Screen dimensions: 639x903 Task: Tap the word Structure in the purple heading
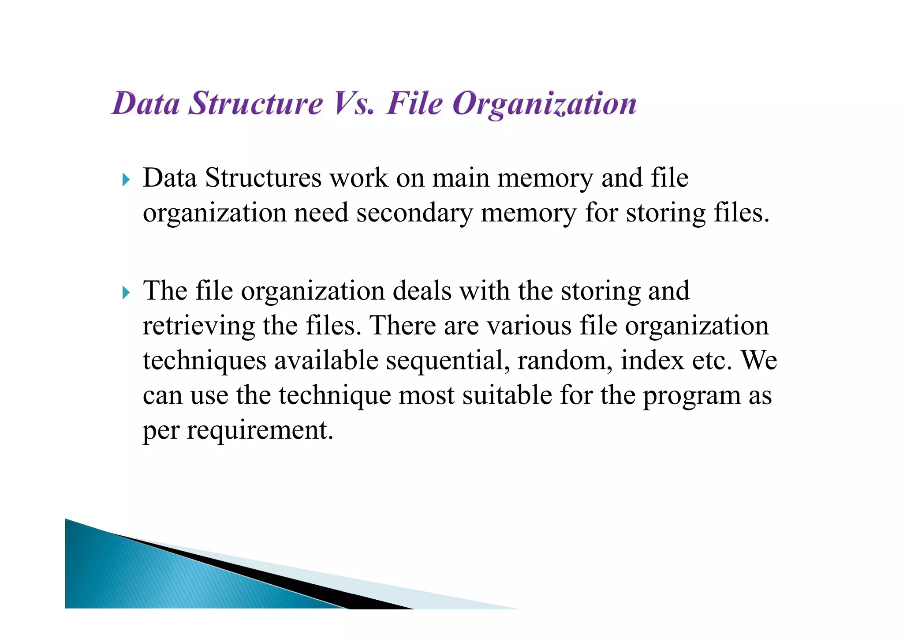point(256,104)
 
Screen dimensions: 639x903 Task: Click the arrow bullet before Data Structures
point(126,180)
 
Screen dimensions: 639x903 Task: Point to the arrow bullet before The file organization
point(126,292)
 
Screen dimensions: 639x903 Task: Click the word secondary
point(414,213)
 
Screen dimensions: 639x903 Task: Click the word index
point(653,361)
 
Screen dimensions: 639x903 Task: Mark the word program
point(691,396)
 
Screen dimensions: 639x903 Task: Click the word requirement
point(260,431)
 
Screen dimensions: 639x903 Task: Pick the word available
point(326,361)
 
